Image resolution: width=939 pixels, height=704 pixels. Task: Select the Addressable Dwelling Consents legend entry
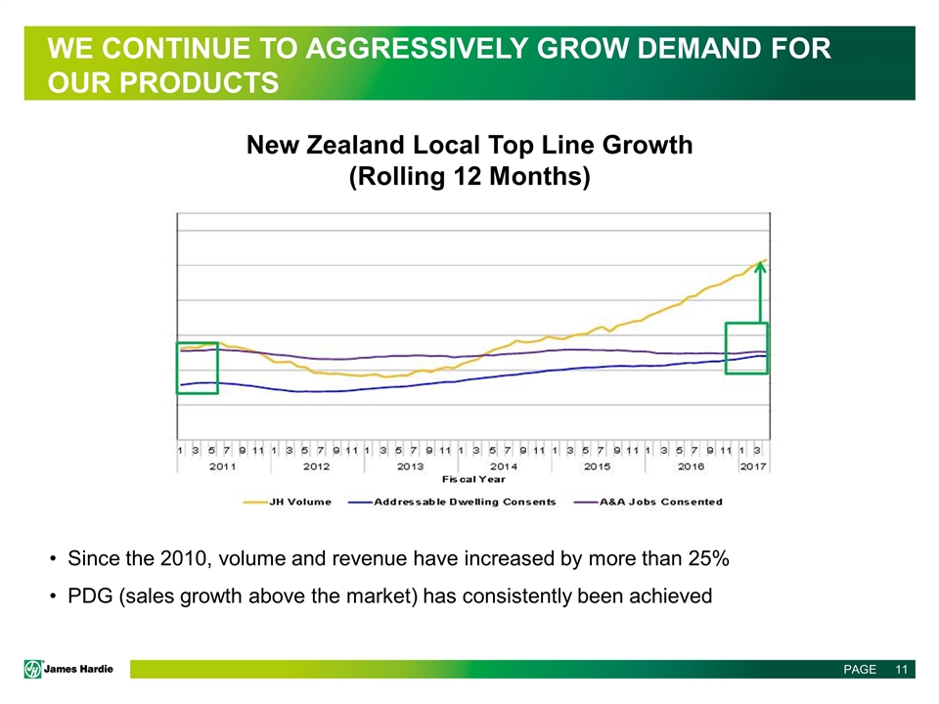(x=465, y=502)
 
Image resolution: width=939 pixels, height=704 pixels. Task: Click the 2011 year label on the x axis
(x=223, y=466)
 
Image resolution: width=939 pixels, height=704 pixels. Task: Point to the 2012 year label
(x=317, y=466)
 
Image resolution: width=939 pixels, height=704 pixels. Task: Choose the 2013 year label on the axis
(x=410, y=466)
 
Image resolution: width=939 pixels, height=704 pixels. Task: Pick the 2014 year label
(x=504, y=466)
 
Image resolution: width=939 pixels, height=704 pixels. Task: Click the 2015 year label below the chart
(x=597, y=466)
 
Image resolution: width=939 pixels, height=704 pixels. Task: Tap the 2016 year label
(x=691, y=466)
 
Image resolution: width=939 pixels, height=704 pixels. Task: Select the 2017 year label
(x=752, y=466)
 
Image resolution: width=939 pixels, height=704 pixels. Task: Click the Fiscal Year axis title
(x=474, y=479)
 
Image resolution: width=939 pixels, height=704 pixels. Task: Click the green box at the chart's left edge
(x=197, y=368)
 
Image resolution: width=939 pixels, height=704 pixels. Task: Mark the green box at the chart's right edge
(x=746, y=354)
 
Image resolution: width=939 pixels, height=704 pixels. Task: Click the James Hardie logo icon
(x=33, y=669)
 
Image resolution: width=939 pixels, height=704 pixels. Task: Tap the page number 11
(x=901, y=670)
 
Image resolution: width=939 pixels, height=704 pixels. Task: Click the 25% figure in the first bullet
(x=707, y=559)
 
